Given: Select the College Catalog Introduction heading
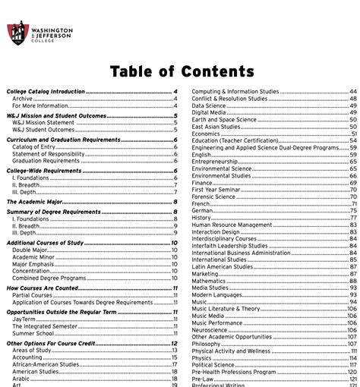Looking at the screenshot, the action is [46, 91].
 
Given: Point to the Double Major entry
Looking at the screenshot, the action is [30, 250].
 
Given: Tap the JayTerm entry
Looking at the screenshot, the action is [24, 319].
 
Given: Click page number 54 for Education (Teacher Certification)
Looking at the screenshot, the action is [353, 140].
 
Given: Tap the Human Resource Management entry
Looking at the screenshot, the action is [232, 225].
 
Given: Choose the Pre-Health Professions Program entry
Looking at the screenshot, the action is [233, 372].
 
